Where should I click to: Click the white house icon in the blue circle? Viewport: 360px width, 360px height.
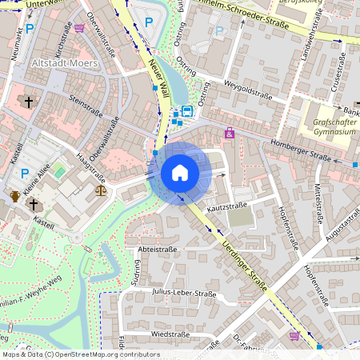click(x=180, y=173)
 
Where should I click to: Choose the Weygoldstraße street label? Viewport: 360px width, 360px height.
click(x=249, y=94)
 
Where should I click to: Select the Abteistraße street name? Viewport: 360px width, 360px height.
click(x=158, y=250)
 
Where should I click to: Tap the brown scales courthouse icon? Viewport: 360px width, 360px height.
click(x=100, y=190)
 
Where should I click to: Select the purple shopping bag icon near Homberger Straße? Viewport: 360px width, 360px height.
click(x=230, y=134)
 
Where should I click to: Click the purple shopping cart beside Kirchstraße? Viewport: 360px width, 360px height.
click(x=79, y=28)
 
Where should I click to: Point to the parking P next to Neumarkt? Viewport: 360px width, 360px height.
click(x=29, y=29)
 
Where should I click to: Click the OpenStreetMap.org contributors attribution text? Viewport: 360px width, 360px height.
click(x=104, y=354)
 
